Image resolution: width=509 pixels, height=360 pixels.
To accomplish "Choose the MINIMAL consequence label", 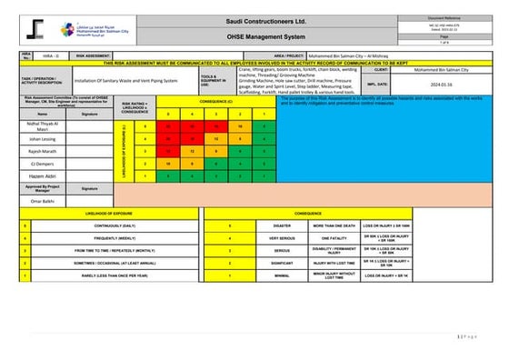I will pyautogui.click(x=282, y=274).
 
